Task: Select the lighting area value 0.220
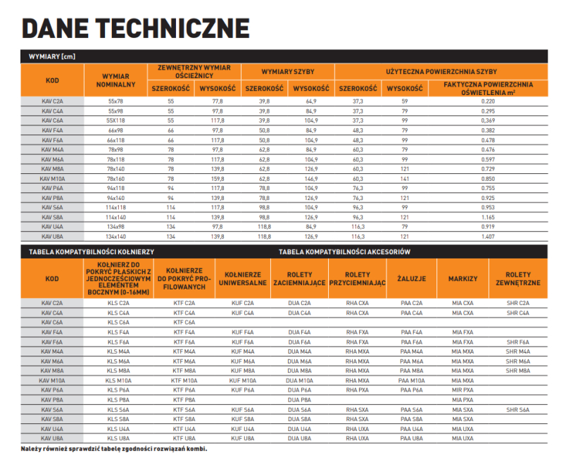(488, 101)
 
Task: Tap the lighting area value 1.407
(488, 237)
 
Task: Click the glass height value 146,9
(311, 178)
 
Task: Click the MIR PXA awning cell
(463, 389)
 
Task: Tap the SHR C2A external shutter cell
(517, 302)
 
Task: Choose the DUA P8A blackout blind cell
(300, 399)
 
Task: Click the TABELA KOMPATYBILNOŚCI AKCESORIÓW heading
(344, 251)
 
